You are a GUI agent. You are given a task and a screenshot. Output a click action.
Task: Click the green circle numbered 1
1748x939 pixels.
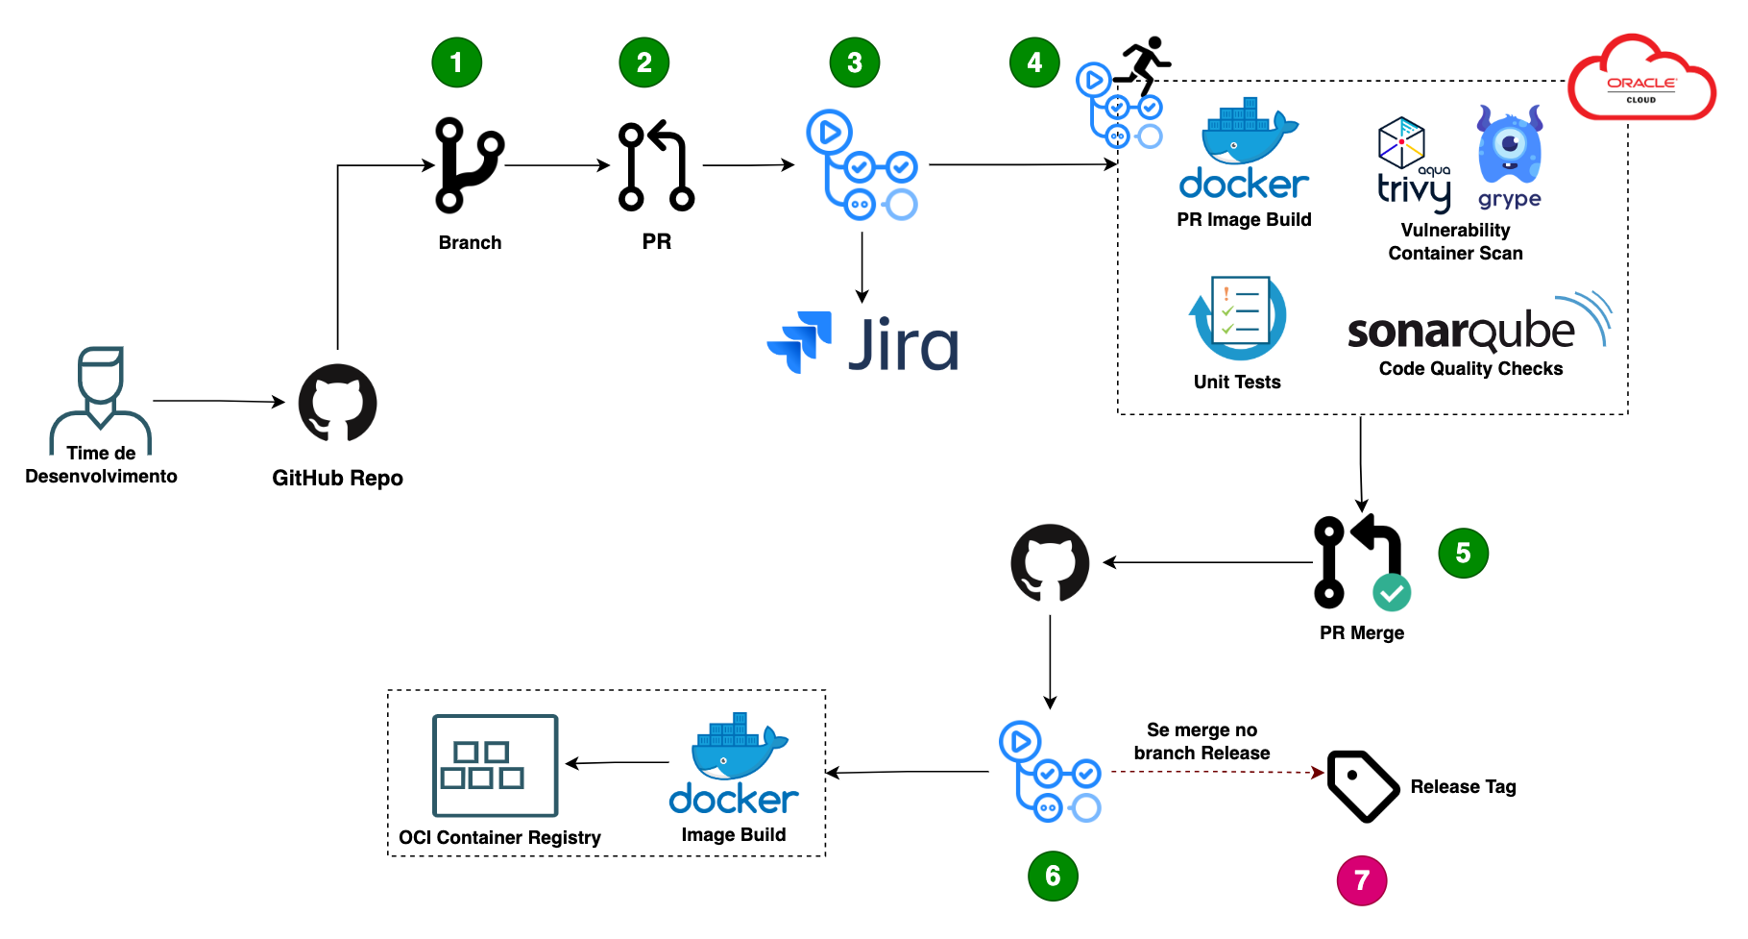coord(456,63)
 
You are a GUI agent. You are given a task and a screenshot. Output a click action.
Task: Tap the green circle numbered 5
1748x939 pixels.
coord(1463,553)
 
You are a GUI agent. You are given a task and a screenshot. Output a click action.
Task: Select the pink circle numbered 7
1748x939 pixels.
coord(1361,880)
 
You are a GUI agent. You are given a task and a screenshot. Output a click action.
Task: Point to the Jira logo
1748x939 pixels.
coord(862,343)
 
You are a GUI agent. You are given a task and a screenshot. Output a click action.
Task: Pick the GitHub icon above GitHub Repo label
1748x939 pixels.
coord(337,403)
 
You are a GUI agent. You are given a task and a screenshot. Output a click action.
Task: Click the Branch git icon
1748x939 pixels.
coord(469,165)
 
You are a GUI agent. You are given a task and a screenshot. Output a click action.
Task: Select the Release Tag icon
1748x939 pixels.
coord(1362,786)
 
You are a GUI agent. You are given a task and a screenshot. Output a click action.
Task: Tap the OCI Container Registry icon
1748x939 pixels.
coord(495,765)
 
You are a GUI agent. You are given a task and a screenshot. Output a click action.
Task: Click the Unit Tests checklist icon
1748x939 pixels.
coord(1238,318)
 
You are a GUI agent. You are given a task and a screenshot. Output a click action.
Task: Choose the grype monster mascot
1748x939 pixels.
coord(1509,145)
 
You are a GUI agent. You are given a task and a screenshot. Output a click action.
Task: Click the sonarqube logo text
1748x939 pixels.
coord(1461,332)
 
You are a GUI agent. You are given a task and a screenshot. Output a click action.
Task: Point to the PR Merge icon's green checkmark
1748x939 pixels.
coord(1391,592)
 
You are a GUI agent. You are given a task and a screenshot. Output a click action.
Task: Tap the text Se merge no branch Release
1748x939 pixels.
coord(1202,742)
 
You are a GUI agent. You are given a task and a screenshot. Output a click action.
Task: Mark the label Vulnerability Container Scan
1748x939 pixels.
coord(1455,242)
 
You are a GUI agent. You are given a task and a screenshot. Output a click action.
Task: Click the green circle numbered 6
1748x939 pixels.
coord(1053,876)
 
